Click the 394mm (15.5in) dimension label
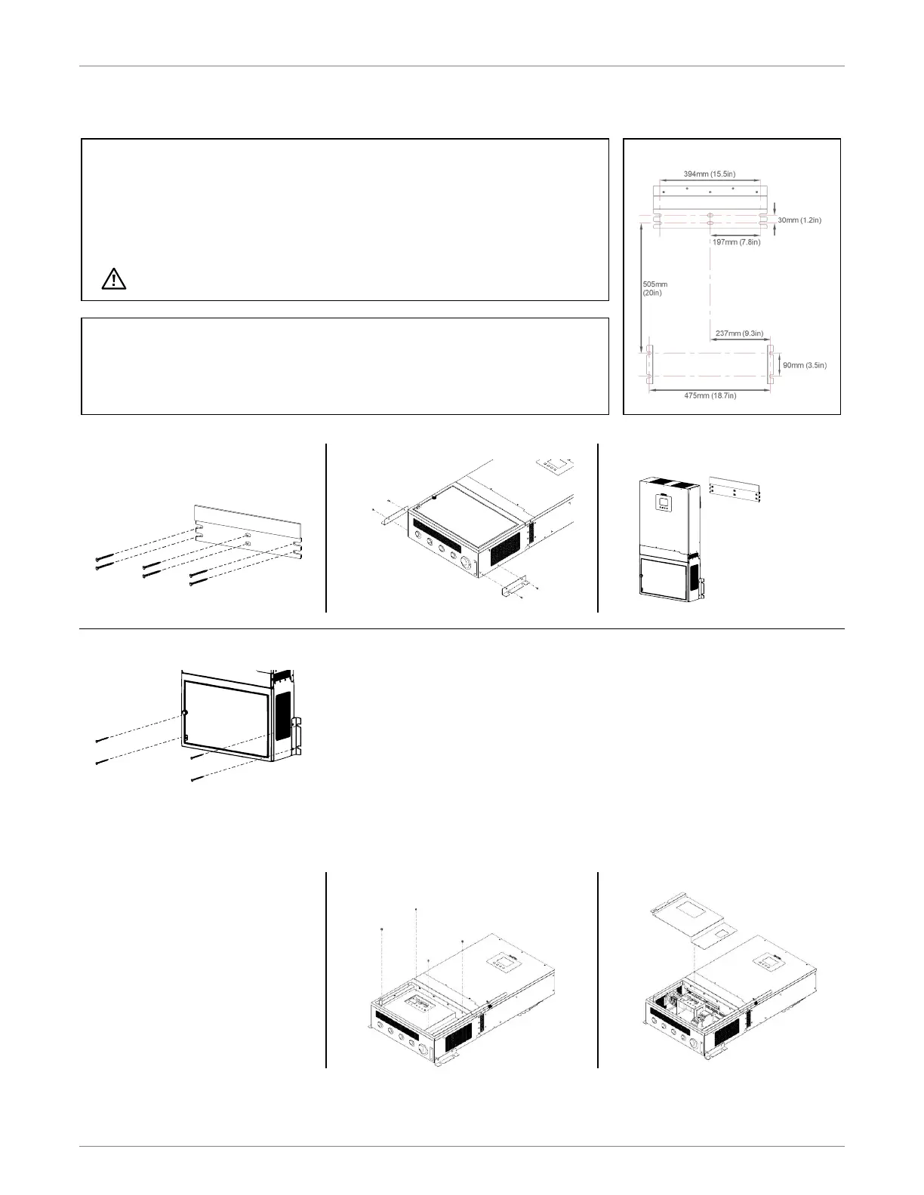click(709, 174)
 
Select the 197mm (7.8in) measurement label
click(736, 242)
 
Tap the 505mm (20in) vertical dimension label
click(654, 288)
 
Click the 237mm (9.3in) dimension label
click(739, 333)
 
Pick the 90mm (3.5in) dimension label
click(805, 365)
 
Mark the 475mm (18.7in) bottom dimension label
click(710, 395)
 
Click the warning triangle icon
click(114, 279)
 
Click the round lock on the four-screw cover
click(184, 713)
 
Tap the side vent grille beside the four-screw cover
click(282, 714)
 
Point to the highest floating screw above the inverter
click(416, 910)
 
